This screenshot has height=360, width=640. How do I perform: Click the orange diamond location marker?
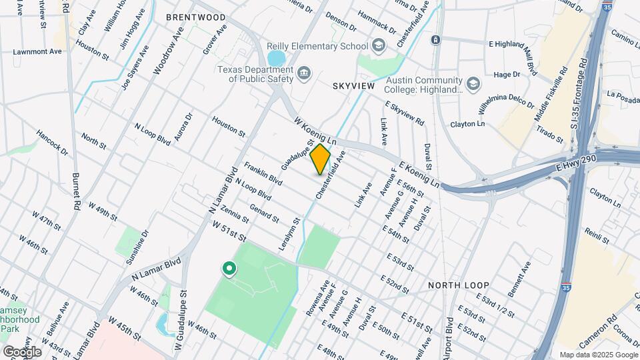click(320, 159)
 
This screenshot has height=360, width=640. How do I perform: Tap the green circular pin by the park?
click(229, 269)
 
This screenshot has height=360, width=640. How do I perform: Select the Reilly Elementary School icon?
click(379, 46)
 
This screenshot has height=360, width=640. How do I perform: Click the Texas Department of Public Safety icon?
click(305, 73)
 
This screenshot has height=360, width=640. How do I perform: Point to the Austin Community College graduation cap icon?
click(473, 83)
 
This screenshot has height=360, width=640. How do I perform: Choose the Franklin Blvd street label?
click(263, 173)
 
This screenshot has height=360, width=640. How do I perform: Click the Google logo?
click(22, 351)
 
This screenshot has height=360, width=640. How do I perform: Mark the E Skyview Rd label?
click(405, 113)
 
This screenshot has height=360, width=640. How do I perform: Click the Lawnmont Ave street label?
click(37, 51)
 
